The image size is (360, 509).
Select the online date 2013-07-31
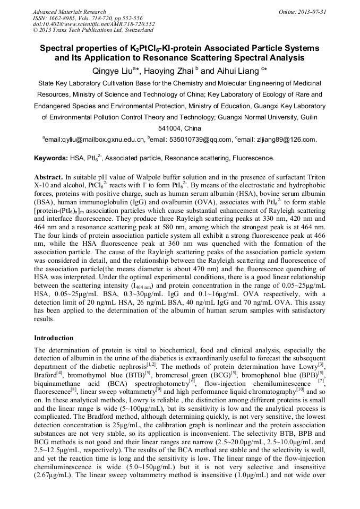point(312,12)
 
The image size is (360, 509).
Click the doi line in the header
point(93,24)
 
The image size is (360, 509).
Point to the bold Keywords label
point(50,158)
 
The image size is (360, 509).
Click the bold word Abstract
point(48,176)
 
